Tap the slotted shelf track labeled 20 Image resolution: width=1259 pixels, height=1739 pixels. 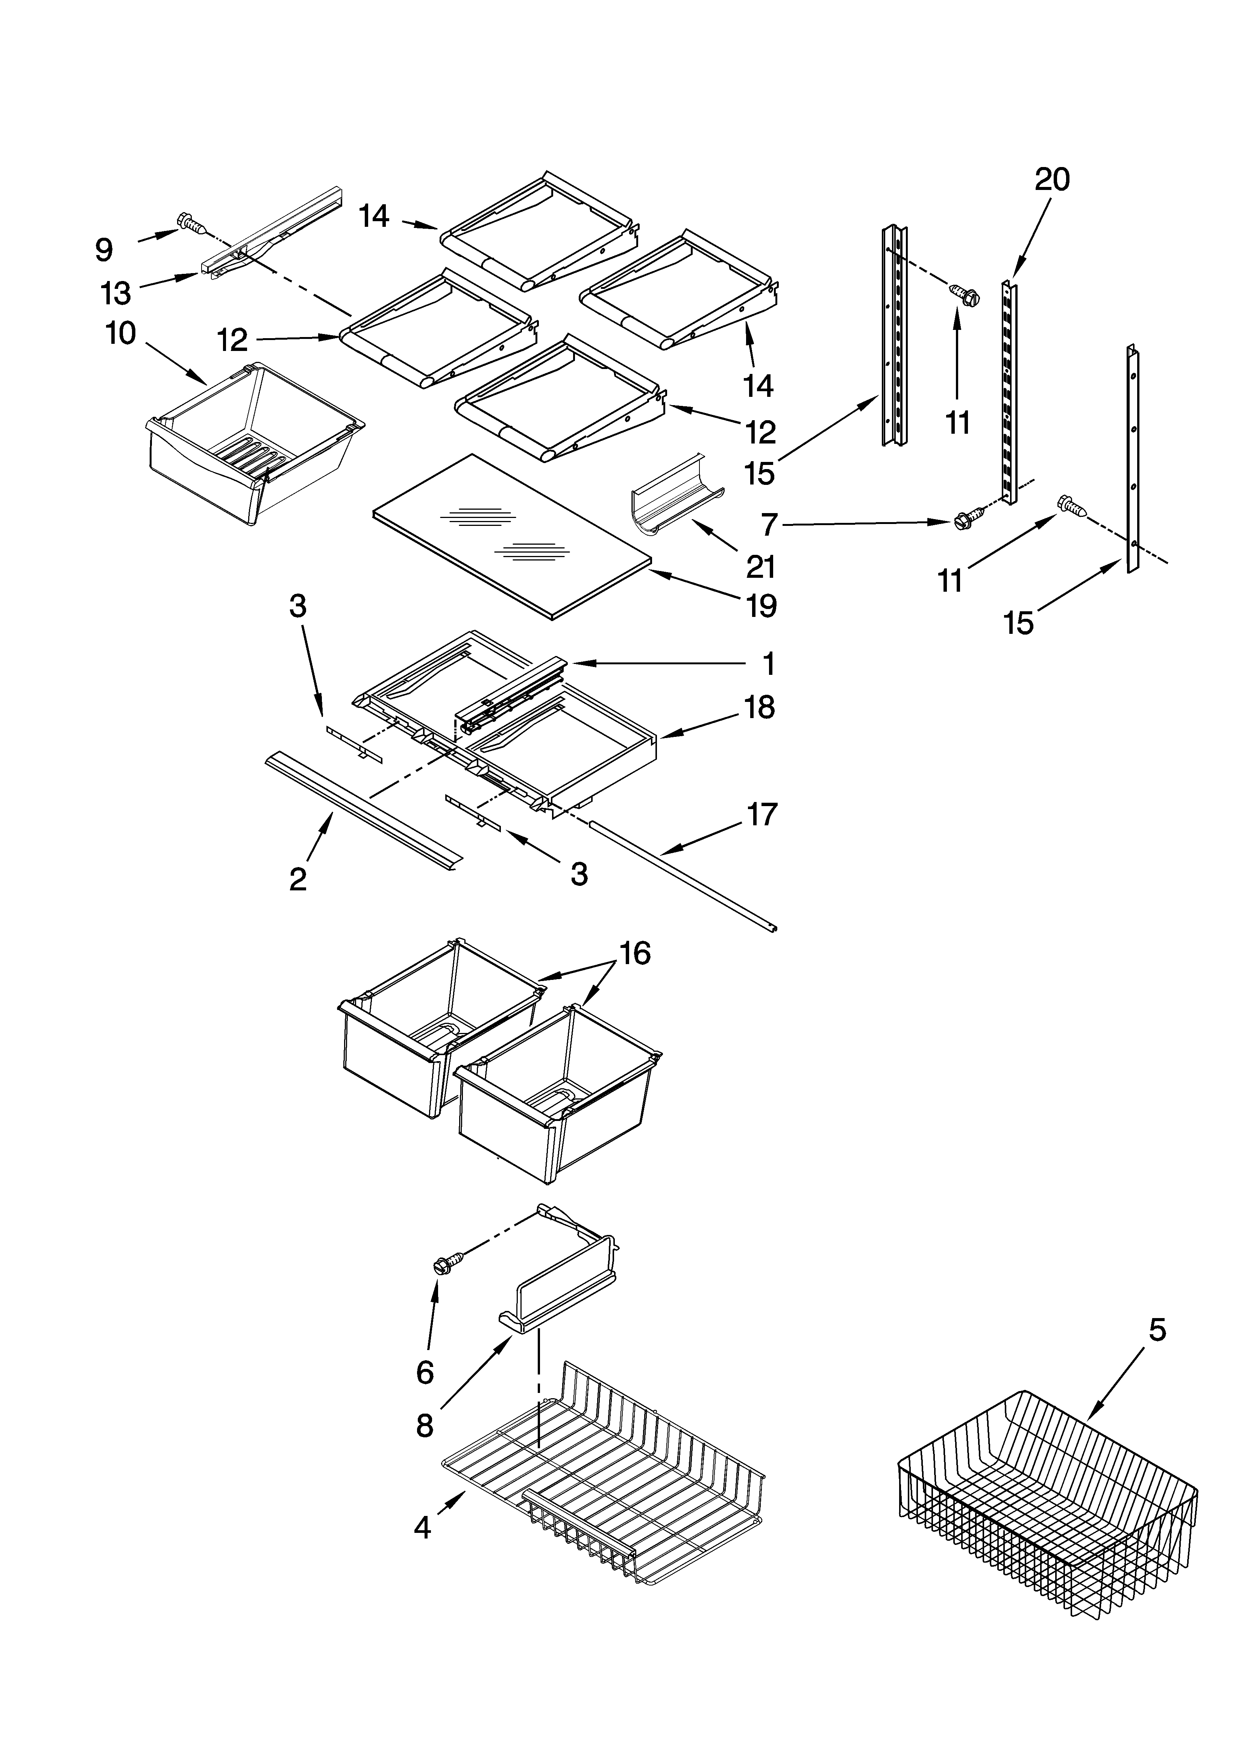pyautogui.click(x=1010, y=391)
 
